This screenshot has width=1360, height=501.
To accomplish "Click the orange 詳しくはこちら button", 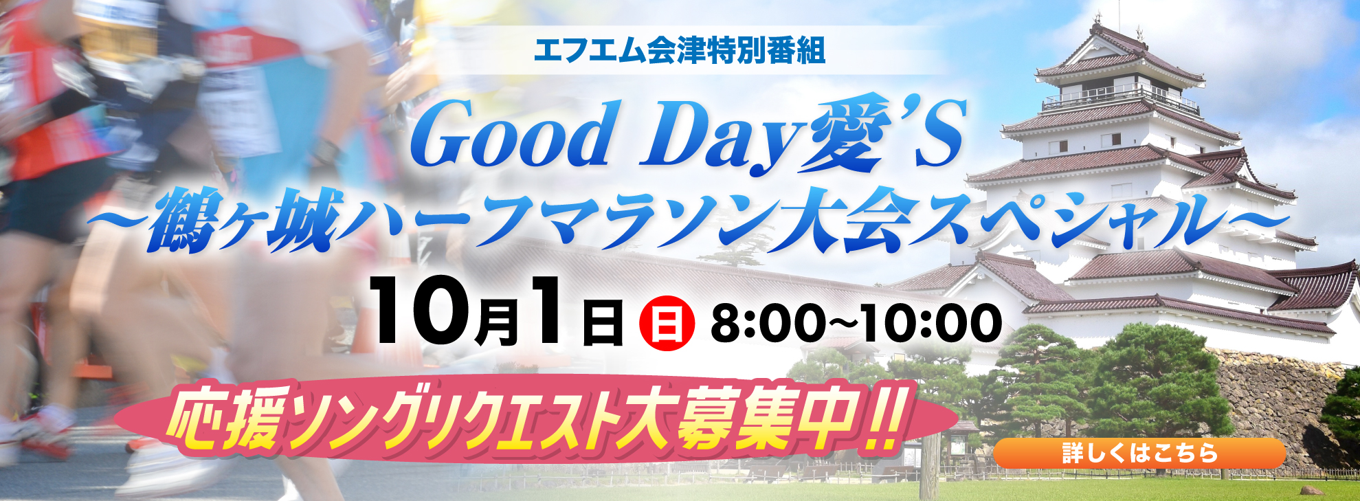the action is point(1139,454).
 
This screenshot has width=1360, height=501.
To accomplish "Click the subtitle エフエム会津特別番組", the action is point(680,51).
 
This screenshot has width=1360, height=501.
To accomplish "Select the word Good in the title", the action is point(515,135).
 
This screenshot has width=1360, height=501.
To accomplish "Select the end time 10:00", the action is point(931,323).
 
